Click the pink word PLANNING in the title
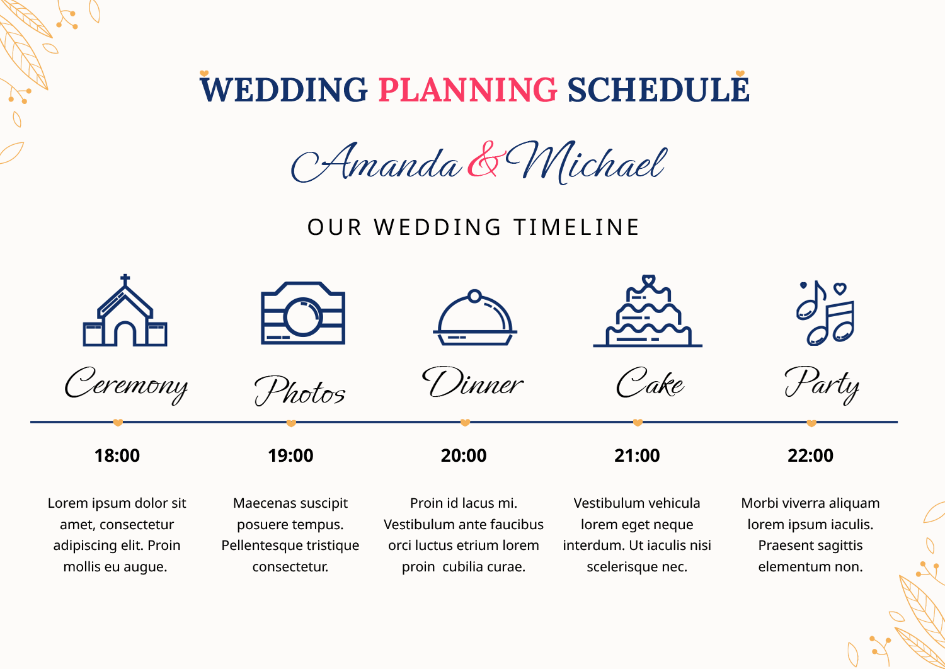[467, 90]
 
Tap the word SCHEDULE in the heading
[658, 90]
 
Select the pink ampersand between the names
[484, 160]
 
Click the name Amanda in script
[377, 163]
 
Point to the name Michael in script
[586, 163]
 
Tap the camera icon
[303, 313]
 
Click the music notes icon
[825, 313]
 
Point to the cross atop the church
[125, 279]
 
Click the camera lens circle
[303, 316]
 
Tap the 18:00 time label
[117, 455]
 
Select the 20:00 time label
[464, 455]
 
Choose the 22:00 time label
[810, 455]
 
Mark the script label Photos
[300, 391]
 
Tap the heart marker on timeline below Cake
[638, 423]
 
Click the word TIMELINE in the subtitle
[576, 227]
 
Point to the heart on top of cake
[648, 280]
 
